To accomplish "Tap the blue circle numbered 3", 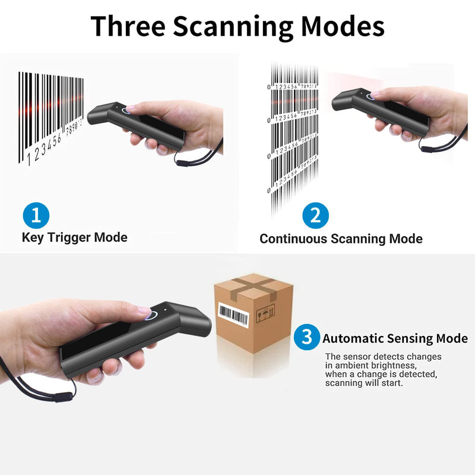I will (x=306, y=338).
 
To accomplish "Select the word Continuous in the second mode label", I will (x=293, y=239).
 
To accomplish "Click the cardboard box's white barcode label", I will (x=233, y=314).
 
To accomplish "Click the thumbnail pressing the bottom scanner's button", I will (x=143, y=309).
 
